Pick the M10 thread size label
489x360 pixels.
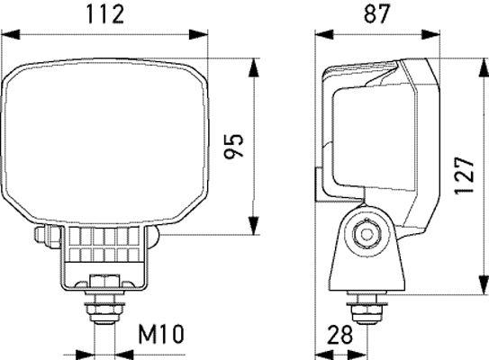coord(161,336)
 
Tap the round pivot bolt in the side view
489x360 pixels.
coord(366,234)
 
